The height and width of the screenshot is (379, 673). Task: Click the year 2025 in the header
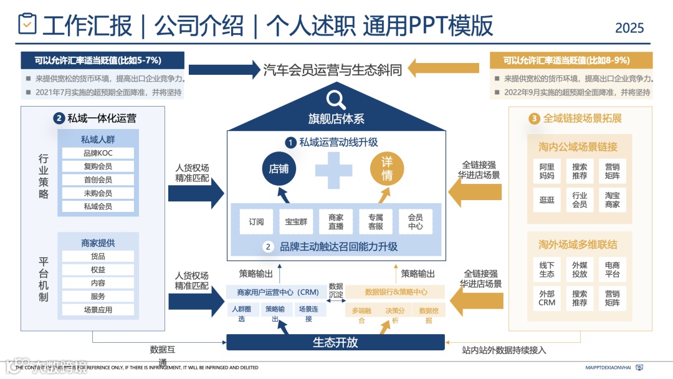click(629, 28)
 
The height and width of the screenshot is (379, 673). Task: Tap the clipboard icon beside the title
click(27, 24)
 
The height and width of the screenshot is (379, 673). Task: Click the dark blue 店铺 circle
click(278, 169)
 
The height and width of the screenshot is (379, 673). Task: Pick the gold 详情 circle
click(387, 169)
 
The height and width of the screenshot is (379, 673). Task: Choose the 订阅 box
click(256, 221)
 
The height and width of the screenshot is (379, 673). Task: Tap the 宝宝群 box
click(296, 221)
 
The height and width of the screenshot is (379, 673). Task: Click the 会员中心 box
click(416, 221)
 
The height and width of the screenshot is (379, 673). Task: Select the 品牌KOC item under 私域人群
click(98, 153)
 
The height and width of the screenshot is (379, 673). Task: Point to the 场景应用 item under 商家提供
click(98, 310)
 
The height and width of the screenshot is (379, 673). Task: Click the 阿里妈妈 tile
click(547, 171)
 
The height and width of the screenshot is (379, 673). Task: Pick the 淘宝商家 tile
click(613, 199)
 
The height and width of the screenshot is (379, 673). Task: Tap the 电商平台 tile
click(613, 269)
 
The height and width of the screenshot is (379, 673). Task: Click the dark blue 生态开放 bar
click(335, 342)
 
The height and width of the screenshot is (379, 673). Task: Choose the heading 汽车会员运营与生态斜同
click(332, 69)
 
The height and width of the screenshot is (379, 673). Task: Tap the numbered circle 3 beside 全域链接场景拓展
click(534, 118)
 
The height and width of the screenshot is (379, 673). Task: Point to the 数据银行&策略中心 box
click(396, 292)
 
